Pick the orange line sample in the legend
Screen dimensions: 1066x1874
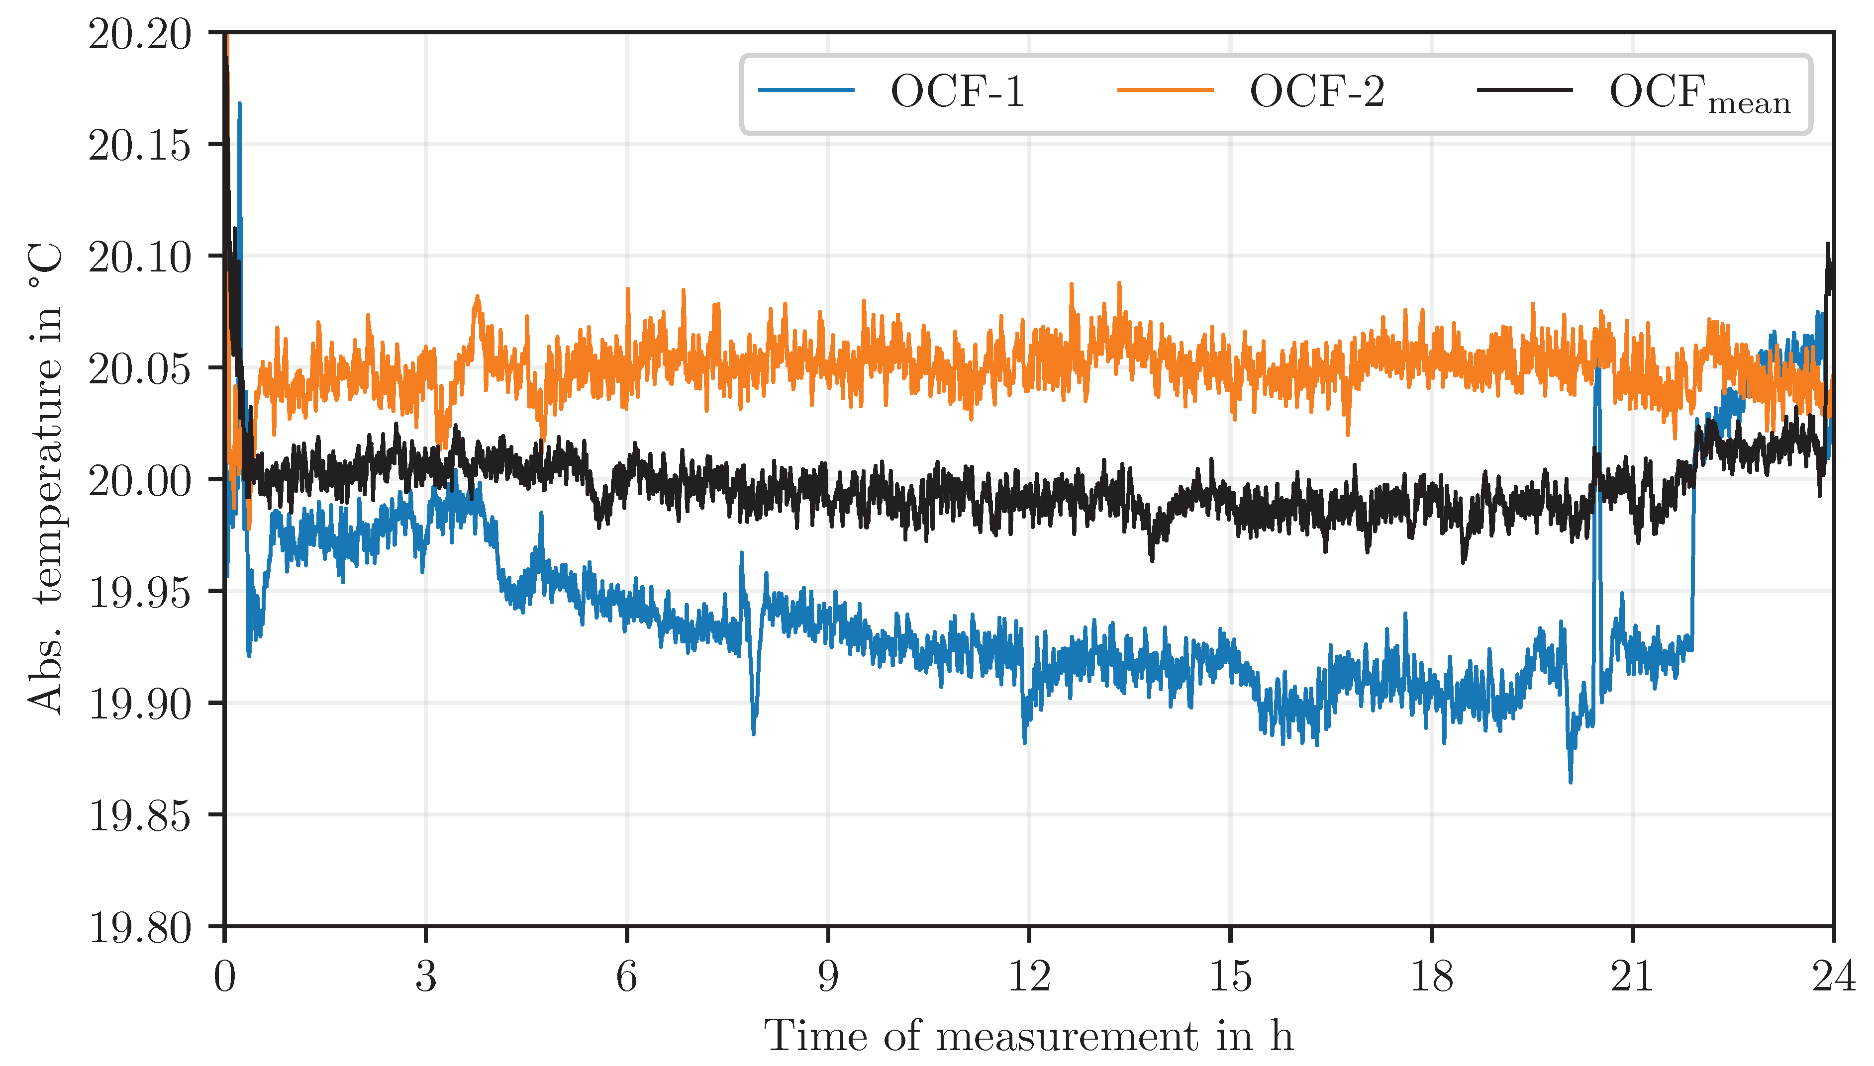pyautogui.click(x=1165, y=90)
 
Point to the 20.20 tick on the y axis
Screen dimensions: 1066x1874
pyautogui.click(x=139, y=34)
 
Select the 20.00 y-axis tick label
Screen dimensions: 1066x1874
pyautogui.click(x=139, y=481)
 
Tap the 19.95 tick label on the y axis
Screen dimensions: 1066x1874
pyautogui.click(x=139, y=592)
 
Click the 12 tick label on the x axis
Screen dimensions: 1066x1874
pyautogui.click(x=1029, y=976)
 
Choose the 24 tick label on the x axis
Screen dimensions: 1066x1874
pyautogui.click(x=1833, y=976)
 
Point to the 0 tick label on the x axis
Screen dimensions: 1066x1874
pyautogui.click(x=225, y=976)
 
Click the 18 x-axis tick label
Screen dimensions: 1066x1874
pyautogui.click(x=1431, y=976)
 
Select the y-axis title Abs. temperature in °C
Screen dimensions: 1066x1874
pyautogui.click(x=45, y=480)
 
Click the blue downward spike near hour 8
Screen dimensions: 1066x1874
pyautogui.click(x=754, y=732)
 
